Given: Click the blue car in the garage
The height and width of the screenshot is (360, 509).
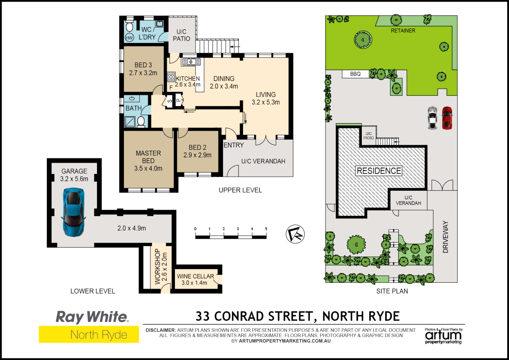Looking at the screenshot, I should (x=74, y=212).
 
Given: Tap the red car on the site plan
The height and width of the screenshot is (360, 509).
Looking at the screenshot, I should (x=447, y=118).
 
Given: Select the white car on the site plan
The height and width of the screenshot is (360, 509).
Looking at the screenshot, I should (x=432, y=118).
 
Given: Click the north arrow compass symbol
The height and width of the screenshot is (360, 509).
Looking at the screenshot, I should (x=295, y=234).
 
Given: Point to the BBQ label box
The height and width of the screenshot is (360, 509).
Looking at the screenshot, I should (x=355, y=74).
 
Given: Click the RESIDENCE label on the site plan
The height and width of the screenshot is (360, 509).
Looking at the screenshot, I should (x=379, y=171).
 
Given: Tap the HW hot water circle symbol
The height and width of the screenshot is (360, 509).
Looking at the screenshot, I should (x=129, y=38).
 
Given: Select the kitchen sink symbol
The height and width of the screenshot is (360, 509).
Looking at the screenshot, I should (x=191, y=62).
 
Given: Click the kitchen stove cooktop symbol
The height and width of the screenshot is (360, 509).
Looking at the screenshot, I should (x=171, y=77).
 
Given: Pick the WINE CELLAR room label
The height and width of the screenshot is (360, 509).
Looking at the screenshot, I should (x=195, y=276).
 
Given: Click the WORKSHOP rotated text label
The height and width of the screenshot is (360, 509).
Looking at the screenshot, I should (x=158, y=266).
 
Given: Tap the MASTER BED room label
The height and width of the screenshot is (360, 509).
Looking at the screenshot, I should (x=148, y=157).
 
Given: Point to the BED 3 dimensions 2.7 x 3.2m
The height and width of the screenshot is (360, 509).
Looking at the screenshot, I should (x=143, y=73).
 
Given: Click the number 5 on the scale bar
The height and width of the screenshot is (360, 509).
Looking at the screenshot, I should (x=266, y=229).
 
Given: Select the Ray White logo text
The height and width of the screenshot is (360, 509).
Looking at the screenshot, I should (x=92, y=317).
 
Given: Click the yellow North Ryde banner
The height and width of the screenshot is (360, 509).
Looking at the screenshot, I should (x=89, y=335).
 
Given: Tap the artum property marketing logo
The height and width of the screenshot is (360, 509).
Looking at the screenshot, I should (x=443, y=336).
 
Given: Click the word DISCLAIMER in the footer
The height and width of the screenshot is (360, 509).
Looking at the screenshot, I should (x=161, y=330).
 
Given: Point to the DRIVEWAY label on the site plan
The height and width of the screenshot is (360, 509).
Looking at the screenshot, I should (x=445, y=237).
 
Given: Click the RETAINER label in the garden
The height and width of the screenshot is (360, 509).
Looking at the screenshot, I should (x=403, y=31).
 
